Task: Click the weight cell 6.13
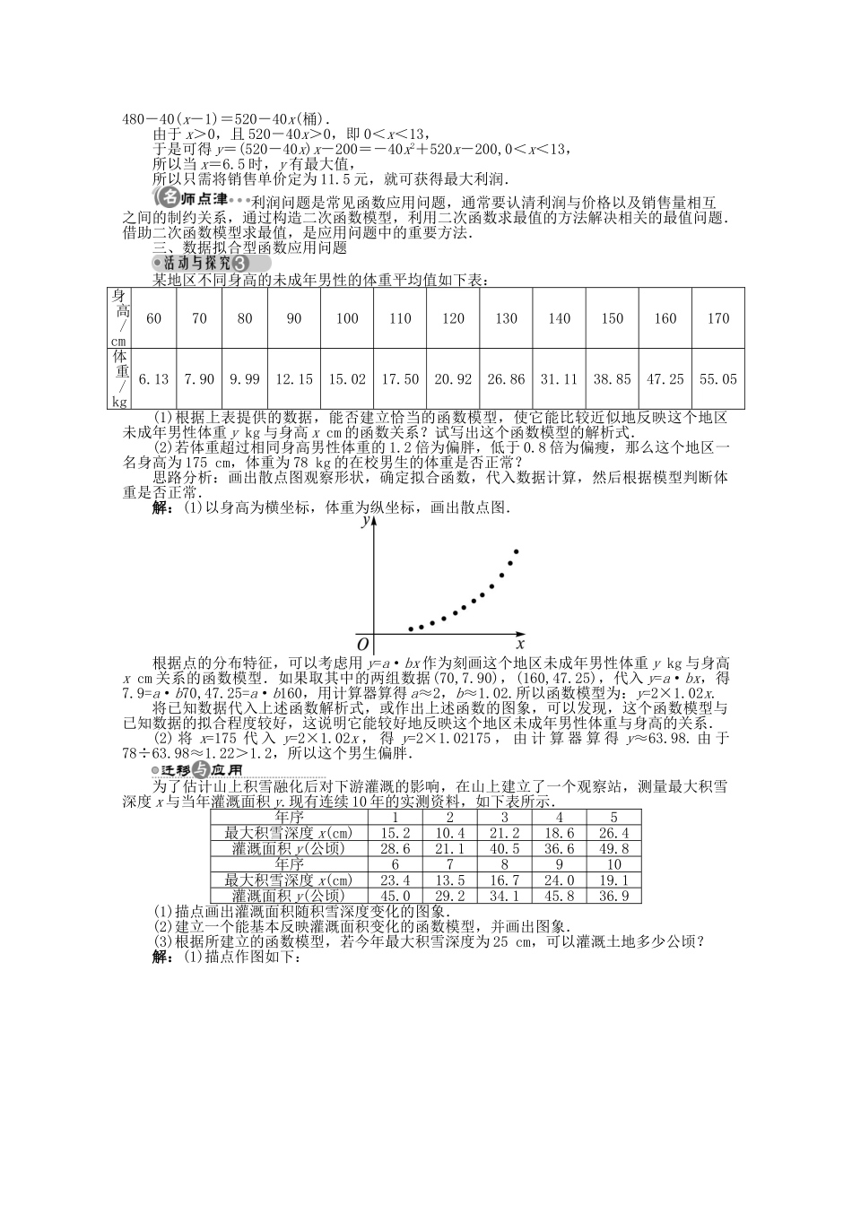coord(154,379)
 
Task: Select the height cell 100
coord(347,318)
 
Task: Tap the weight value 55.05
coord(717,379)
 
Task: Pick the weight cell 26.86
coord(506,379)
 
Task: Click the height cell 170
coord(717,318)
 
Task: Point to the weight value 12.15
coord(294,379)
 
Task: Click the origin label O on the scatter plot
coord(363,645)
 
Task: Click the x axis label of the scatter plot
coord(520,644)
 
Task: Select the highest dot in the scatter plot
coord(517,550)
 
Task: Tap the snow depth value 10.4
coord(449,833)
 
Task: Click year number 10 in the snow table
coord(613,864)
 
